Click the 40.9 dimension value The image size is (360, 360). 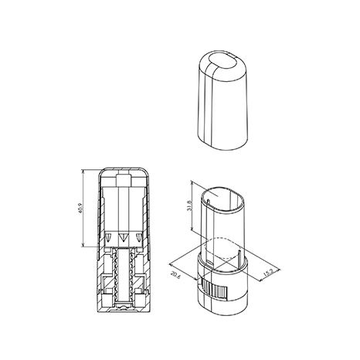(x=81, y=208)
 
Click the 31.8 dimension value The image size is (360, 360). (x=190, y=205)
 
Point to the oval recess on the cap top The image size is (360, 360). (x=222, y=62)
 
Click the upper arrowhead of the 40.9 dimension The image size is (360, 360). (x=83, y=172)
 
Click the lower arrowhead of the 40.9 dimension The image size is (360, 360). (x=83, y=245)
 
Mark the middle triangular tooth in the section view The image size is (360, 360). (x=123, y=237)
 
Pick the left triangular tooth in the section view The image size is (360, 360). (x=108, y=237)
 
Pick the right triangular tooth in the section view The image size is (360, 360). (x=139, y=237)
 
